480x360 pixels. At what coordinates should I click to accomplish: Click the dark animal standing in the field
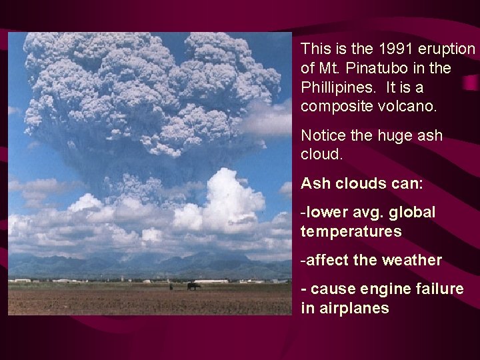point(193,286)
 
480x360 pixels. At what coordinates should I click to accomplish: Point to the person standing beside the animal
point(171,287)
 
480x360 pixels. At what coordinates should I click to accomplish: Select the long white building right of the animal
point(211,281)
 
